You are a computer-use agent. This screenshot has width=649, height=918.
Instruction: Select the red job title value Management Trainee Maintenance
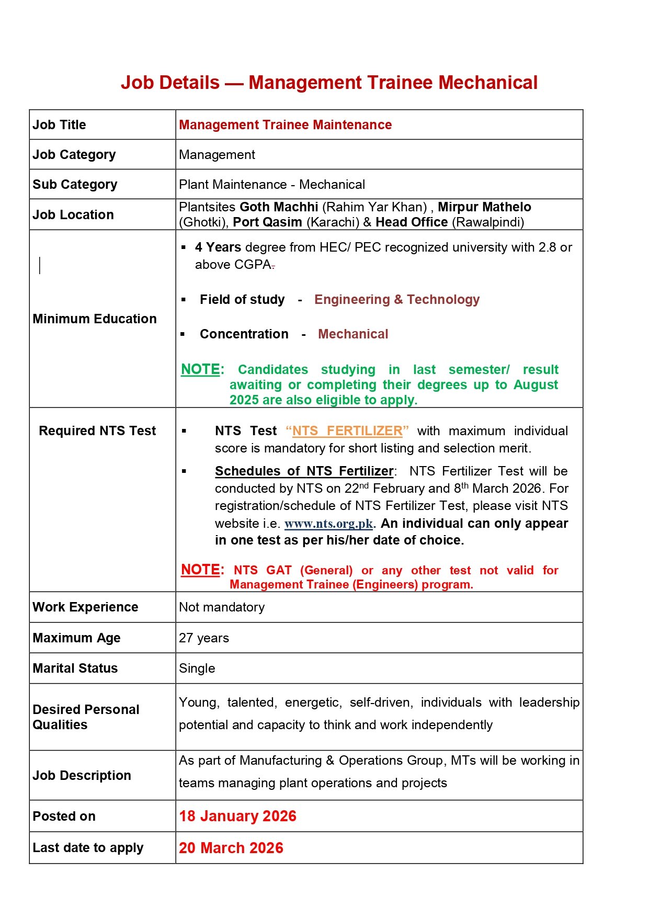[285, 125]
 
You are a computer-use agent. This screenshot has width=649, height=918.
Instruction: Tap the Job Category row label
[74, 155]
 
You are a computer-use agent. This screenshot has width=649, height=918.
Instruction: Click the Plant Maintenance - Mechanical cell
[271, 185]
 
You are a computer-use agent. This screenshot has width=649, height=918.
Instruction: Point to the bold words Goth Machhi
[279, 207]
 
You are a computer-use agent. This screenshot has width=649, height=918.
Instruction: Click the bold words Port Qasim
[267, 222]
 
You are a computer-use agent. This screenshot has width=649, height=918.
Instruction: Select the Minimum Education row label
[94, 319]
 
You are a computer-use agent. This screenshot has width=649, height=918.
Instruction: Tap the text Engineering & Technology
[396, 300]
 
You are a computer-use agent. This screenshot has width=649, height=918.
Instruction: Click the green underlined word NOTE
[200, 369]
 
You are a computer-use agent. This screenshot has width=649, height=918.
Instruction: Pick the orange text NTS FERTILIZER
[347, 431]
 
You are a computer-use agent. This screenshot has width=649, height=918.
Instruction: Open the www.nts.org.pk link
[328, 524]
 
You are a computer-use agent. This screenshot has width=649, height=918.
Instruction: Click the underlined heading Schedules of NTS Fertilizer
[304, 471]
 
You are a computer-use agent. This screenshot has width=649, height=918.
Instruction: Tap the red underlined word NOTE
[200, 570]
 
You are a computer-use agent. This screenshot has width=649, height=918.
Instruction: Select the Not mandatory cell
[222, 607]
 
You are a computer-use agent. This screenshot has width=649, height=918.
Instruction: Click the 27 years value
[204, 638]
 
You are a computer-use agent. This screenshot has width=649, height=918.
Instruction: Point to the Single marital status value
[197, 668]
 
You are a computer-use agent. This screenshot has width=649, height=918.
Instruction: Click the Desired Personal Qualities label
[86, 717]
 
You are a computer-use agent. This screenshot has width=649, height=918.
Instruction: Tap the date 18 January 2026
[237, 817]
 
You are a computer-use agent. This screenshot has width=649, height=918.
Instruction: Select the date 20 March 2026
[231, 848]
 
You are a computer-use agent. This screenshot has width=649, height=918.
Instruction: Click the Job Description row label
[82, 776]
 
